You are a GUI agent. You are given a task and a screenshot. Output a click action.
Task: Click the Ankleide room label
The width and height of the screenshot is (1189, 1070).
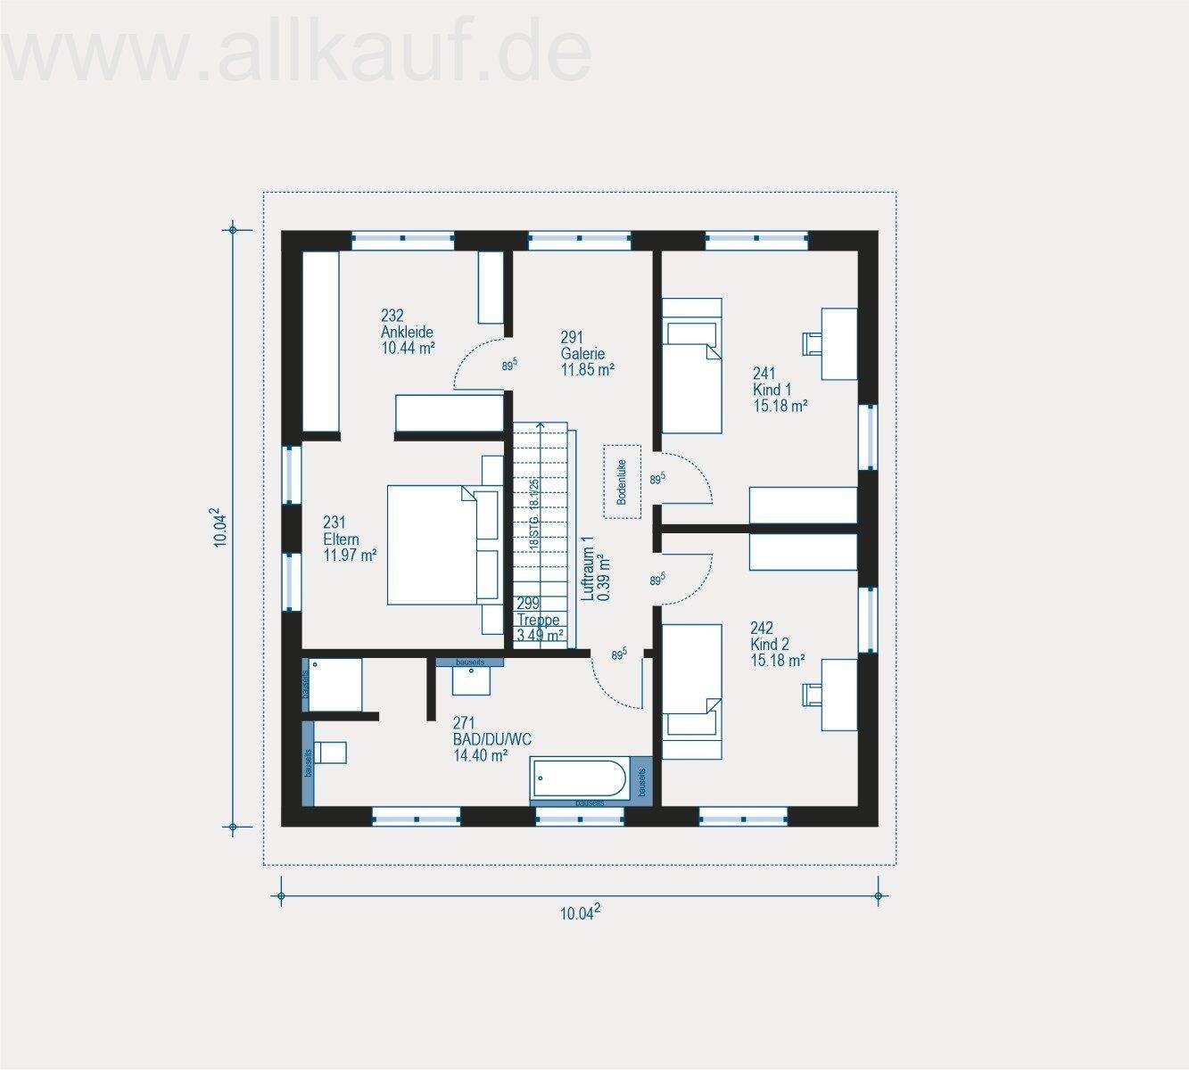click(x=407, y=332)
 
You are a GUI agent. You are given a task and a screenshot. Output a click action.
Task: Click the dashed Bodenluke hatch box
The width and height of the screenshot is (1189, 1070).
click(x=623, y=481)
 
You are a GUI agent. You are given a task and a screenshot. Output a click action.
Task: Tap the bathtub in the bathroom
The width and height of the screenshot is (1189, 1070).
click(x=579, y=780)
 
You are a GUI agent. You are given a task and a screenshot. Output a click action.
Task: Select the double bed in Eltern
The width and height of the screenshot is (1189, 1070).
click(x=435, y=544)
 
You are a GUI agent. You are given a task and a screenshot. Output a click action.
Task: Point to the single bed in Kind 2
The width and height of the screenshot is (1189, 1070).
click(x=690, y=691)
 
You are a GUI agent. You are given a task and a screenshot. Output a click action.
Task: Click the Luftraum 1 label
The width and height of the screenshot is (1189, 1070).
click(x=595, y=568)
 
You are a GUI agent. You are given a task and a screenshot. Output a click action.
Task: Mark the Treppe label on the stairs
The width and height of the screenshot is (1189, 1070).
click(x=539, y=620)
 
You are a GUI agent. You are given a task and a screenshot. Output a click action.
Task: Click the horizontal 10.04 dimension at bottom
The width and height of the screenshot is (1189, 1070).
click(x=580, y=911)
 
